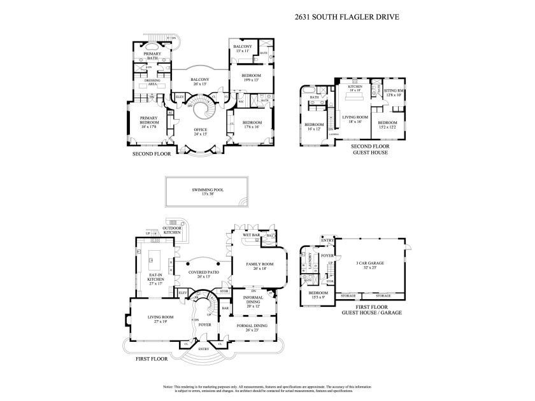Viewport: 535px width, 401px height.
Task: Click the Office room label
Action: pyautogui.click(x=200, y=131)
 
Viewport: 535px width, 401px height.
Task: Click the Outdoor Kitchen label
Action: pyautogui.click(x=171, y=230)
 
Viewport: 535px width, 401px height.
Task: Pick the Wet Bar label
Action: pyautogui.click(x=251, y=235)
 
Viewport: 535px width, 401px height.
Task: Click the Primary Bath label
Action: pyautogui.click(x=152, y=56)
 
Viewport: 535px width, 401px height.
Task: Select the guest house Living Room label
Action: pyautogui.click(x=355, y=119)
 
